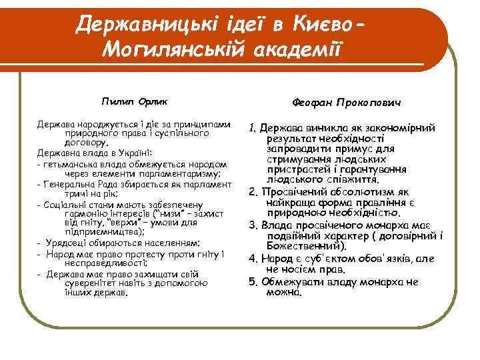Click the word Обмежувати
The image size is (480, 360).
coord(295,281)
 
